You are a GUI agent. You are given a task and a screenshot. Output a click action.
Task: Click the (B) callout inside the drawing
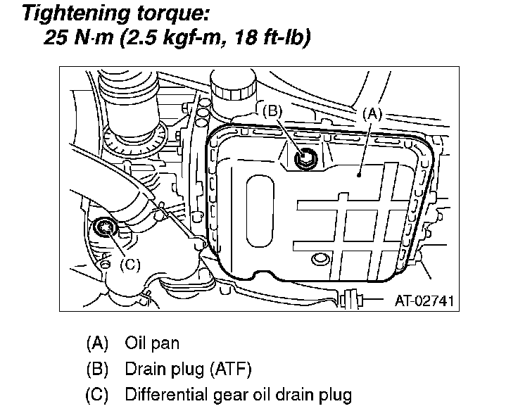(x=272, y=110)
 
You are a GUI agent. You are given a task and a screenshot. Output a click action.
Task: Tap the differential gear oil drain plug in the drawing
(x=107, y=227)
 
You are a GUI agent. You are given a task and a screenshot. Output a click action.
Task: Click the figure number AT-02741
(x=424, y=301)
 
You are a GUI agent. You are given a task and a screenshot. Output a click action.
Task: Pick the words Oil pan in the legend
(x=152, y=343)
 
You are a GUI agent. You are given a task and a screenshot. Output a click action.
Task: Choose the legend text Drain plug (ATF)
(x=188, y=369)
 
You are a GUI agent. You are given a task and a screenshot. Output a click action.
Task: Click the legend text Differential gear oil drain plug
(x=238, y=394)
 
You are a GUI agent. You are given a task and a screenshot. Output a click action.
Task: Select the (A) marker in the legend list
(x=97, y=343)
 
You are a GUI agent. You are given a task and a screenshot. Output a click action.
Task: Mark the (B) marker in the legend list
(x=97, y=369)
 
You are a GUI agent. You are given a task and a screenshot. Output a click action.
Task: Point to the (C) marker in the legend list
(x=97, y=394)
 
